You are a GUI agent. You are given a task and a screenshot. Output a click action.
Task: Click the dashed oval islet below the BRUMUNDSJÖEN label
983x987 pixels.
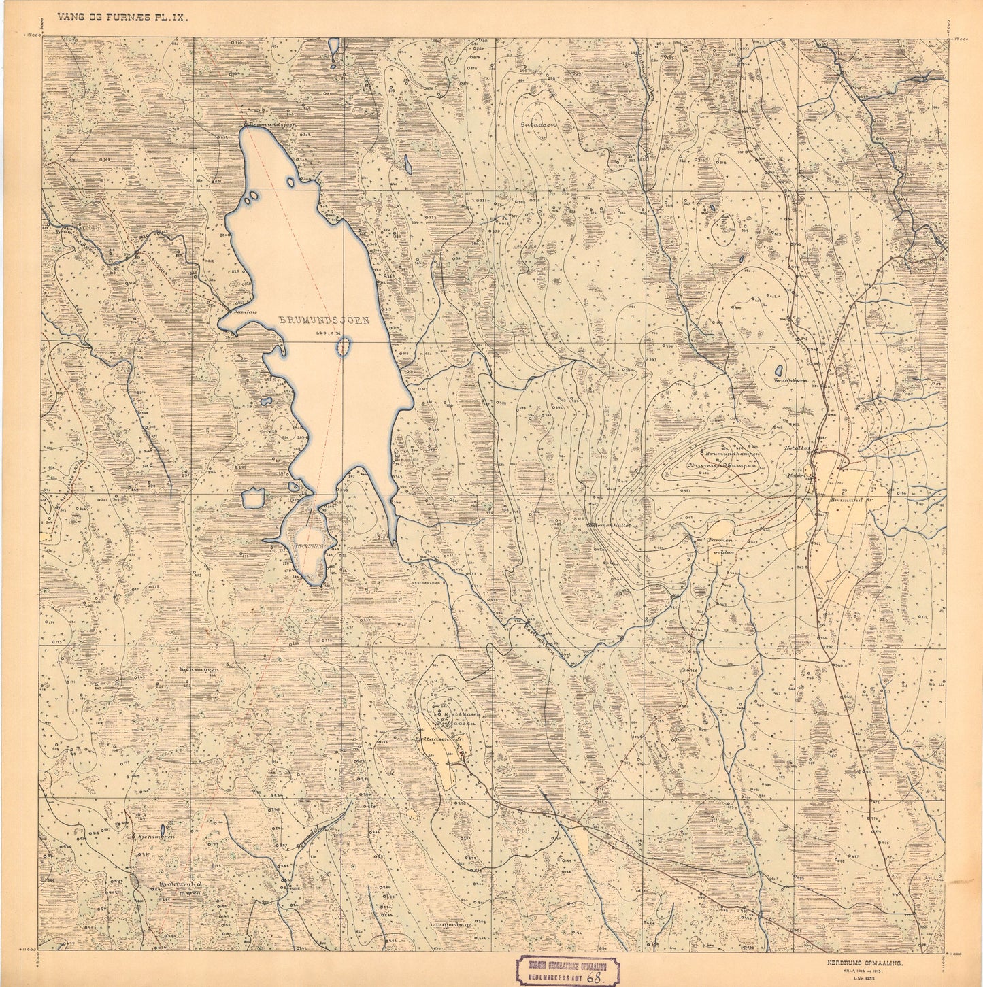click(x=344, y=348)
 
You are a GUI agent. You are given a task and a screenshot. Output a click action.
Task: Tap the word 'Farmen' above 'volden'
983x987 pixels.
click(x=720, y=540)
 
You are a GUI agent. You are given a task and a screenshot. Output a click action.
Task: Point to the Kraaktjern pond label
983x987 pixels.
click(x=790, y=381)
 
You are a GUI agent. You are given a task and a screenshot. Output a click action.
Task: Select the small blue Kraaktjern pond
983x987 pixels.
click(x=778, y=371)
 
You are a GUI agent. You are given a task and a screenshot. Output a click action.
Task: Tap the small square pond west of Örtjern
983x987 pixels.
click(x=254, y=499)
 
